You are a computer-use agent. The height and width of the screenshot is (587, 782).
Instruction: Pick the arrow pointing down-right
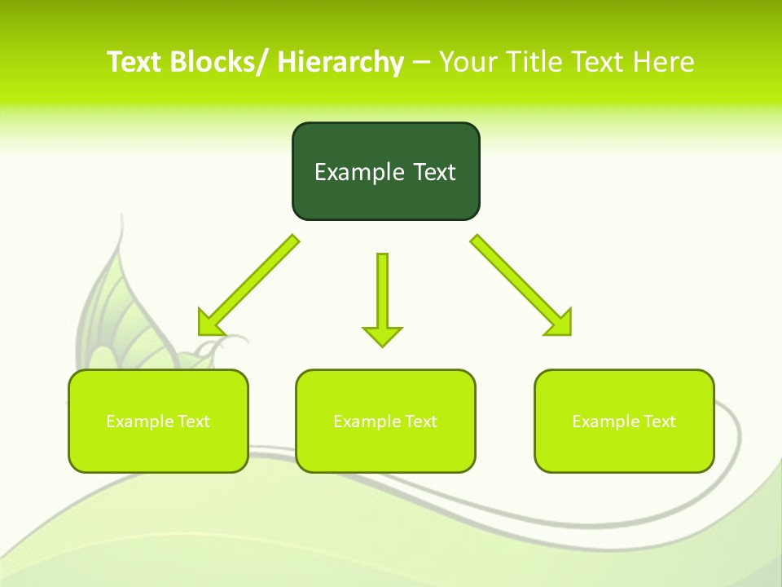tap(521, 285)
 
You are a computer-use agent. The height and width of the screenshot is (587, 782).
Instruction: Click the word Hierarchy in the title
tap(340, 62)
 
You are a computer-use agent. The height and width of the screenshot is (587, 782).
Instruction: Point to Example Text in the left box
tap(158, 421)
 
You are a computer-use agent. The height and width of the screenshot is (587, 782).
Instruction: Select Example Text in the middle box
tap(385, 421)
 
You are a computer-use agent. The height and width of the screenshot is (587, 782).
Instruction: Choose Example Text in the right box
tap(624, 421)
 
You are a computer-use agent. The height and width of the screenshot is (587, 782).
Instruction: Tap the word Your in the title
tap(468, 62)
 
